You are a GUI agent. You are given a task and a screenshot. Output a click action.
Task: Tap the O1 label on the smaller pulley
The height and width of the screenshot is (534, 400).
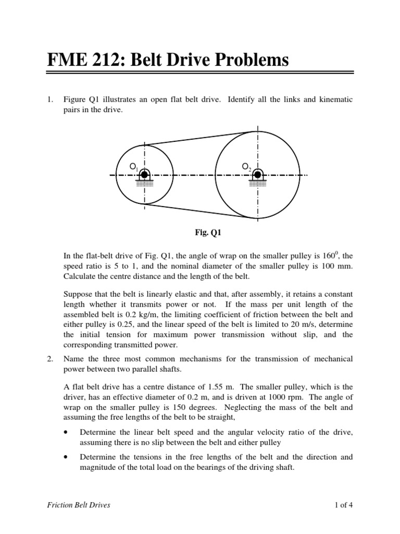(x=134, y=167)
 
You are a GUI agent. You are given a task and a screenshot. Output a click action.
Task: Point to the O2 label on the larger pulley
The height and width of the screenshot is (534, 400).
(x=246, y=167)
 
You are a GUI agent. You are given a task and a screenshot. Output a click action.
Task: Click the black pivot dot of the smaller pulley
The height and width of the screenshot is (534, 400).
(x=144, y=175)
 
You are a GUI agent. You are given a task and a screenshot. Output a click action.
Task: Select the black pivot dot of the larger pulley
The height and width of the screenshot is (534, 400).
(x=258, y=175)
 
